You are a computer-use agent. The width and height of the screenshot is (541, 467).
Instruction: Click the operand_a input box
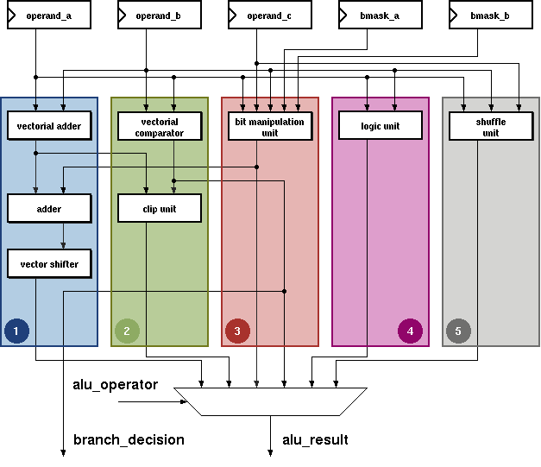click(x=49, y=15)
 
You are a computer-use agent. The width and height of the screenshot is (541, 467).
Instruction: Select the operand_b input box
click(x=160, y=15)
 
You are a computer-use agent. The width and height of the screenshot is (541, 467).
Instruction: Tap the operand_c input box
click(x=270, y=15)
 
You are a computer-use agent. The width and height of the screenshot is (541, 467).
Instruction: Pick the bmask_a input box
click(x=381, y=15)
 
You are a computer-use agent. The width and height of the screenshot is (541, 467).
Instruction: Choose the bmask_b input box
click(x=491, y=15)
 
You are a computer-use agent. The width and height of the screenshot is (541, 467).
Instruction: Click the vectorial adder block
click(x=49, y=126)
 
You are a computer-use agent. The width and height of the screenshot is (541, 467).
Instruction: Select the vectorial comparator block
click(x=160, y=126)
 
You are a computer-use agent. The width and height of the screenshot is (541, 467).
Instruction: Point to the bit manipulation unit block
click(x=270, y=126)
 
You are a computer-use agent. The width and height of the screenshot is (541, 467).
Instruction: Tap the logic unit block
click(x=381, y=126)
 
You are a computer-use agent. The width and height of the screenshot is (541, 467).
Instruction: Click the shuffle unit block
click(x=491, y=126)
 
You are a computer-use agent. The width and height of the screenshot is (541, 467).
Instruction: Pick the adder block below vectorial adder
click(x=49, y=209)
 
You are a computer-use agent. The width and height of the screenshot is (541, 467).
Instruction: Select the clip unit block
click(x=160, y=209)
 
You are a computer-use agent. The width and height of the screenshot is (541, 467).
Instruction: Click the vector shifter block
click(x=49, y=263)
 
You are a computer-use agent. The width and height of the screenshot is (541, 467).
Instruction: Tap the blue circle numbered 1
click(x=16, y=331)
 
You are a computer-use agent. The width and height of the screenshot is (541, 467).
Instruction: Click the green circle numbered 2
click(x=127, y=331)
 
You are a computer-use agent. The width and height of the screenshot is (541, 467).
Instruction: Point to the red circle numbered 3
click(x=237, y=331)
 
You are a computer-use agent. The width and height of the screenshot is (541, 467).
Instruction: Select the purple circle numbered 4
click(x=410, y=331)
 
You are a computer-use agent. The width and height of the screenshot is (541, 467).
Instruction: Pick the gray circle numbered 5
click(x=458, y=331)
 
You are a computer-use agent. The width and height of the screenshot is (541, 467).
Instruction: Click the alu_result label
click(x=315, y=440)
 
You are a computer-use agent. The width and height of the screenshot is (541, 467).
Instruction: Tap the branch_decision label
click(x=129, y=440)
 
